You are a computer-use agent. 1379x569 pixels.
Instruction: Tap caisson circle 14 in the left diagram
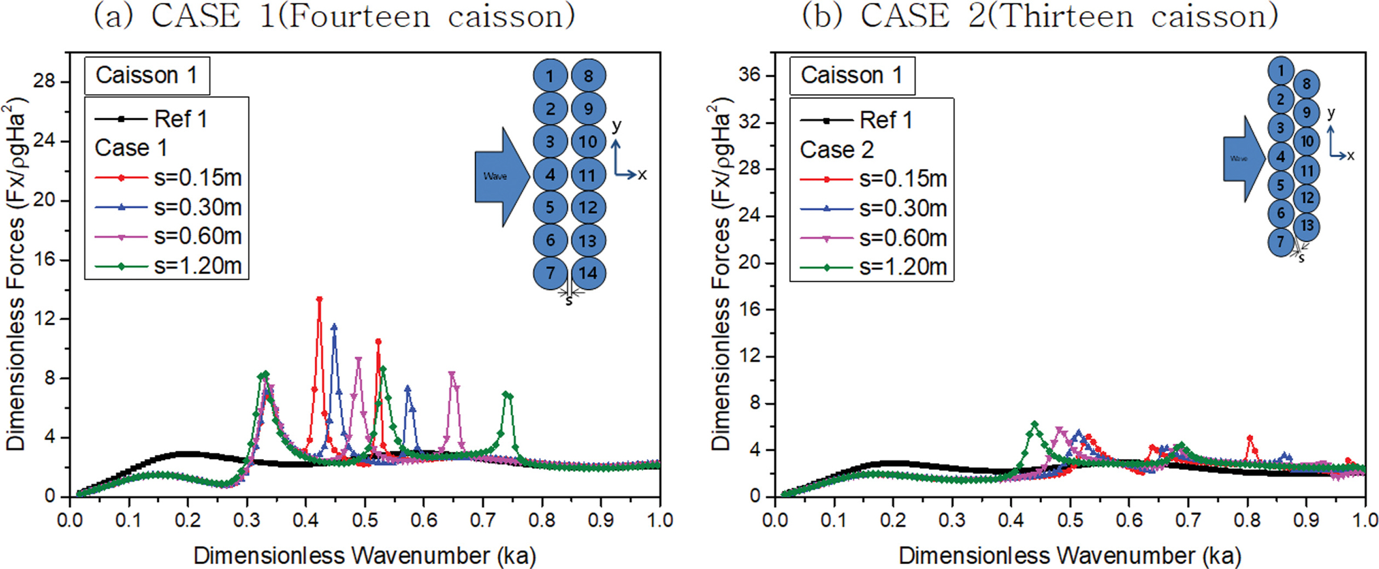point(588,273)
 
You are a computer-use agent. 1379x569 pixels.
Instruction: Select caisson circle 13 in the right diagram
point(1307,226)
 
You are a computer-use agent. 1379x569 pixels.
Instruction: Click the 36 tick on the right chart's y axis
point(749,75)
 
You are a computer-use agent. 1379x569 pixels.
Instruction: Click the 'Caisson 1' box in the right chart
point(852,75)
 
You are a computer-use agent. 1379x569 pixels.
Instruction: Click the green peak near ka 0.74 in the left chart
point(506,394)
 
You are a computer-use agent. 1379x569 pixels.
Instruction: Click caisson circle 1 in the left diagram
point(550,76)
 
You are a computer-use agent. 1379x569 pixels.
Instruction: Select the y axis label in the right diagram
point(1332,113)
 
